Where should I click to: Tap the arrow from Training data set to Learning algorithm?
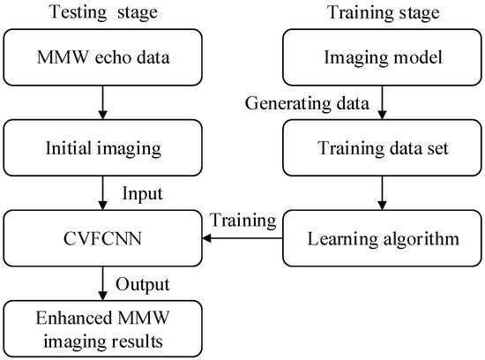tap(381, 191)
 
